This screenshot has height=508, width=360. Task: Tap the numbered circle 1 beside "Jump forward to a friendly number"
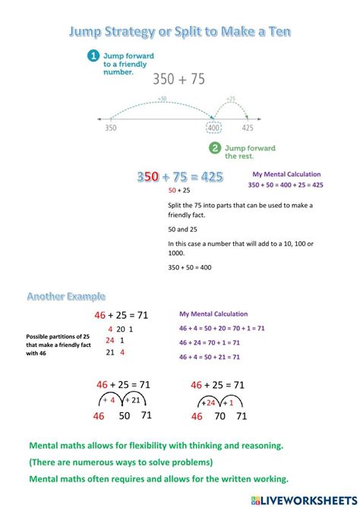pos(93,55)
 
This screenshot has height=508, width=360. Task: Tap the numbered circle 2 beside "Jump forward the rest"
pos(215,148)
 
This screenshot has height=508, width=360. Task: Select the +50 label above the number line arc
pos(162,99)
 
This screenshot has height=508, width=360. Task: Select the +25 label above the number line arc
pos(230,99)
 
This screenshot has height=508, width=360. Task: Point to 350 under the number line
pos(111,128)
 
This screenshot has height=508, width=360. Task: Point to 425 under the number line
pos(248,128)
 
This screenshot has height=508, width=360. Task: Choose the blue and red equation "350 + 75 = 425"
pos(180,177)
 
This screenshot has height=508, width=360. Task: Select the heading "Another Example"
pos(66,295)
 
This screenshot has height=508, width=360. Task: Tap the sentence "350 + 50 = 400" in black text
pos(190,267)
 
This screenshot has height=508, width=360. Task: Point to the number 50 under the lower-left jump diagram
pos(124,415)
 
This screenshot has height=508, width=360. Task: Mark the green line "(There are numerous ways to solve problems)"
pos(121,462)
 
